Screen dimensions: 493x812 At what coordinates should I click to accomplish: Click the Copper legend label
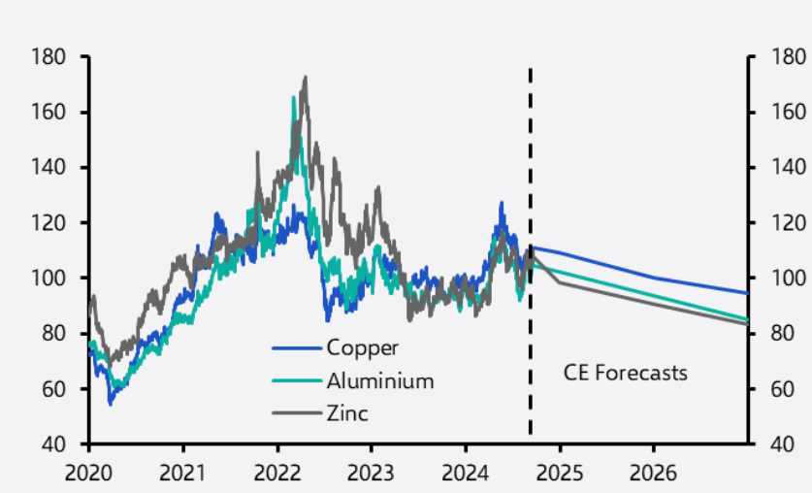(x=362, y=347)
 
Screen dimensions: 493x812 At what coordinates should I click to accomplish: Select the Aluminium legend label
(x=379, y=380)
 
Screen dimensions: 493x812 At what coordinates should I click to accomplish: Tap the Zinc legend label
(x=347, y=413)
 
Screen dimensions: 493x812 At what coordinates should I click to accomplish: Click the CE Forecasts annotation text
(x=626, y=372)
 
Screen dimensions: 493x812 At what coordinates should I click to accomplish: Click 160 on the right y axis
(x=787, y=113)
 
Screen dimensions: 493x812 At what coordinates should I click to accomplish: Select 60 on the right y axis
(x=783, y=389)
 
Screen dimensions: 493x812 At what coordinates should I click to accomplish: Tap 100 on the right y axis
(x=787, y=279)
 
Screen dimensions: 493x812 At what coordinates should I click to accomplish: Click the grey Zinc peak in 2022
(x=306, y=78)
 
